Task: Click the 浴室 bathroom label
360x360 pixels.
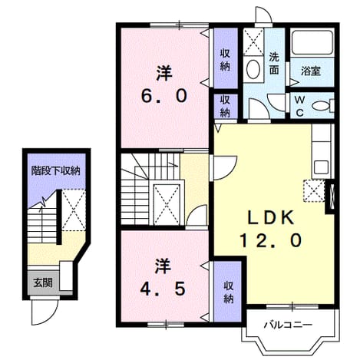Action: pos(311,71)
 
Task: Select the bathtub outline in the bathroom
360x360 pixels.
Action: pos(312,42)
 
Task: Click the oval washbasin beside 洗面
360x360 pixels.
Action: pos(253,69)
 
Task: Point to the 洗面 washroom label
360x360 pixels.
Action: pos(274,64)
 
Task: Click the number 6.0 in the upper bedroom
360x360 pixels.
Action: pos(164,97)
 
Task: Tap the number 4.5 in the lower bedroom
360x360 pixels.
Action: pos(163,289)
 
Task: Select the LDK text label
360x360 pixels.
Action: pos(271,218)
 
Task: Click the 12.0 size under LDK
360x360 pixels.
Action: pos(271,240)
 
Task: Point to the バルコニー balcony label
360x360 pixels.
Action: pos(288,325)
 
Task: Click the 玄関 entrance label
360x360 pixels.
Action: pos(43,282)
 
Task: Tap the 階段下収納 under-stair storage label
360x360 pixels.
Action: pos(56,170)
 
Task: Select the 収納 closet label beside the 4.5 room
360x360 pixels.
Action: pos(228,292)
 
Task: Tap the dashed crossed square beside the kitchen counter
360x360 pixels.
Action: pos(314,191)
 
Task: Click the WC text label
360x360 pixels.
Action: pos(299,106)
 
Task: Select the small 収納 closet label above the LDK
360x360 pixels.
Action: pos(225,107)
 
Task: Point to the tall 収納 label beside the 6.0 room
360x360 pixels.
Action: pos(225,60)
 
